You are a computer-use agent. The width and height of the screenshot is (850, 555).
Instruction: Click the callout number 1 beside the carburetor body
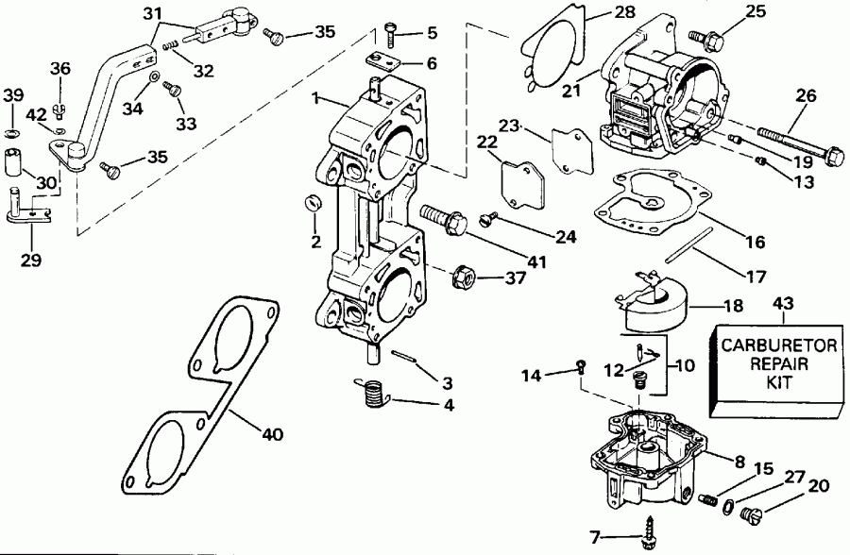(322, 97)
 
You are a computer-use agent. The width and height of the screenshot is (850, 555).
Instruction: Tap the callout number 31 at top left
(152, 13)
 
